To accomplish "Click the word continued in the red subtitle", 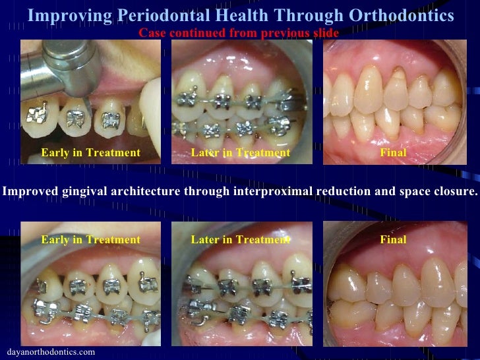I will [x=193, y=33].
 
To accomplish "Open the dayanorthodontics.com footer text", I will [x=50, y=352].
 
